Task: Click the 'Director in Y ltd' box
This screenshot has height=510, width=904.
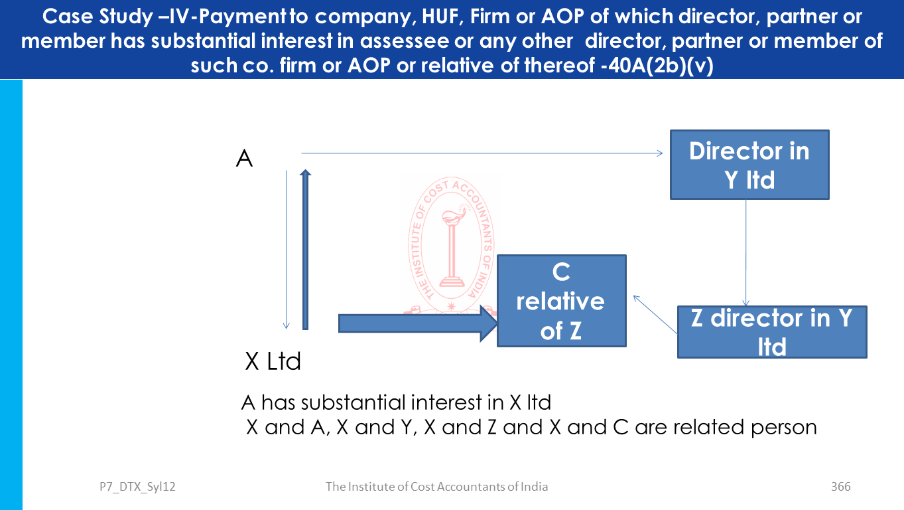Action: [x=749, y=165]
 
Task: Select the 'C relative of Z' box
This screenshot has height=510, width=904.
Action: [x=561, y=301]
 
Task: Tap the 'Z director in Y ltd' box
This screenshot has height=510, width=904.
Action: [x=772, y=332]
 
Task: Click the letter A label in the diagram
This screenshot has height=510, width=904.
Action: [x=245, y=159]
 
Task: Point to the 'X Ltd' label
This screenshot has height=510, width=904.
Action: [x=273, y=361]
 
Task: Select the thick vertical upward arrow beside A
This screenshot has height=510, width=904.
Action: [x=305, y=249]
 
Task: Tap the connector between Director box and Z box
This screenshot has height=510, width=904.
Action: [x=747, y=252]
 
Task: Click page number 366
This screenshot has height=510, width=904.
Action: [x=840, y=487]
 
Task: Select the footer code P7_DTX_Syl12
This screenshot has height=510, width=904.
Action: [x=133, y=487]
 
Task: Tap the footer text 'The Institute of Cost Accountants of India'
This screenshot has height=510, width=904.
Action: [x=436, y=487]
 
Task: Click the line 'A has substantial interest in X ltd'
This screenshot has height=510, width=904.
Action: [x=396, y=402]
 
